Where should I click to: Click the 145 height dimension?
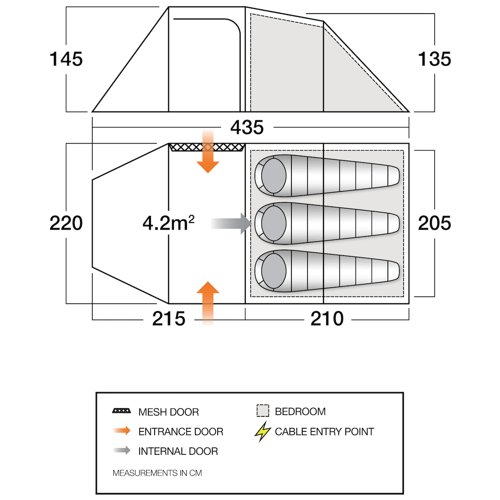coord(66,59)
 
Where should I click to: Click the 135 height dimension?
coord(434,59)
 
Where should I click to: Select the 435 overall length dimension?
coord(247,127)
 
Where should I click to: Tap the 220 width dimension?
coord(66,223)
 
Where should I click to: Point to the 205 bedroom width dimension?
coord(434,223)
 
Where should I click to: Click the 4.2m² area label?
coord(169,223)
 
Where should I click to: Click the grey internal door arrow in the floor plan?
coord(231,224)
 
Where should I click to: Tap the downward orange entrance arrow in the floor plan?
coord(208,151)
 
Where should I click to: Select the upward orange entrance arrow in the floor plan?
coord(208,303)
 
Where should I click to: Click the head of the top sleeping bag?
coord(273,176)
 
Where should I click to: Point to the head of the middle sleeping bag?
coord(273,223)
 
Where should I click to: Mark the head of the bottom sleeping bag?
coord(273,271)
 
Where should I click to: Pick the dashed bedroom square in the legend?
coord(263,411)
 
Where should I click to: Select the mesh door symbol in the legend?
coord(122,411)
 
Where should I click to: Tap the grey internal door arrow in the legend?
coord(122,450)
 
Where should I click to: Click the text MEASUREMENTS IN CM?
coord(157,473)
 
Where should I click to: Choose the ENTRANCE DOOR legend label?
coord(181,432)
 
